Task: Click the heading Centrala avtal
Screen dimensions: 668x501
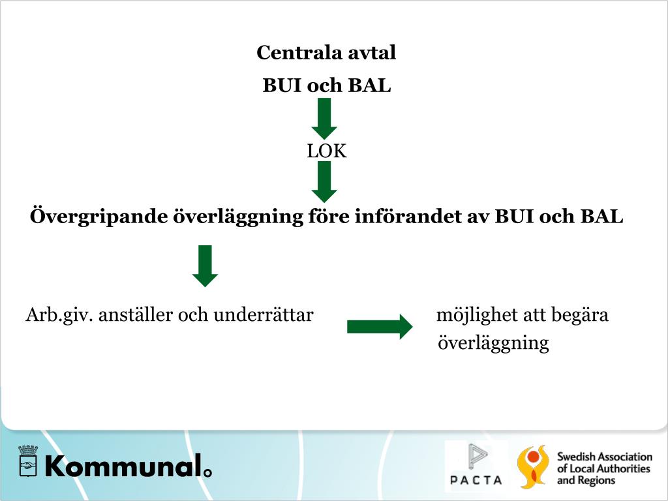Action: point(326,53)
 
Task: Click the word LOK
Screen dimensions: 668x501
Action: point(327,152)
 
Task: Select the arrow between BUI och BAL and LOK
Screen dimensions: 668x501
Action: point(324,117)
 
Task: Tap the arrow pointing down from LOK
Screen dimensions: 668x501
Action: point(324,181)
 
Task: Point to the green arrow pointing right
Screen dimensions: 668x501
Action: point(380,326)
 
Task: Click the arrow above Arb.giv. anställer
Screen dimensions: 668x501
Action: point(205,266)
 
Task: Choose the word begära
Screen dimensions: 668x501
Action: point(580,316)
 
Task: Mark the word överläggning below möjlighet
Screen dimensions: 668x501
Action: point(493,343)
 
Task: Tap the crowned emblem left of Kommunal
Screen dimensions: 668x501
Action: point(27,462)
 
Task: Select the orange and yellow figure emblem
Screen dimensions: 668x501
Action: point(532,466)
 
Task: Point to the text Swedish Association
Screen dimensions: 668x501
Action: point(604,457)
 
